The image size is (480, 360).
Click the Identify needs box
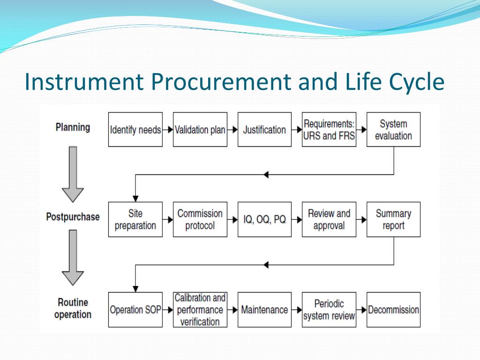(135, 129)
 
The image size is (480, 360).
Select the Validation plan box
(200, 129)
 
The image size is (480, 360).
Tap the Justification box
(264, 129)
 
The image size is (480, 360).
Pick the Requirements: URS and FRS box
(329, 129)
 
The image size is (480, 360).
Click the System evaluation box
(393, 129)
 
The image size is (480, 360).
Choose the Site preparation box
(135, 219)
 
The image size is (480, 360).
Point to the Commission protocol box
(200, 219)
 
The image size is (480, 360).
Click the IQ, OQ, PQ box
(264, 219)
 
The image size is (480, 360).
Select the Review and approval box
(329, 219)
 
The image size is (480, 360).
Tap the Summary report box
(393, 219)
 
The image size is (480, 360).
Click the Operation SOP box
(135, 309)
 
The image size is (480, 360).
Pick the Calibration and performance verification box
(200, 309)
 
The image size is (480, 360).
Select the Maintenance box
(264, 309)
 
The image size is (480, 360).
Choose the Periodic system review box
(329, 309)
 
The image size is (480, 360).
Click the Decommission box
(393, 309)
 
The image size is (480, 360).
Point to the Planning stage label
(73, 127)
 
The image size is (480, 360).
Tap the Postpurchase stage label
(73, 217)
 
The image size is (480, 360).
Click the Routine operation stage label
(73, 308)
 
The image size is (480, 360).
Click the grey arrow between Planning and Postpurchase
(73, 173)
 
